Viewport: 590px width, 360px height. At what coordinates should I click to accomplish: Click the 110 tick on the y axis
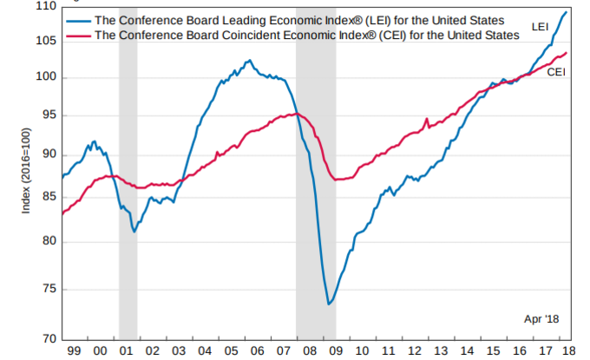coord(45,7)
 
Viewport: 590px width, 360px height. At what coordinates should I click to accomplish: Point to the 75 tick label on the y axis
coord(47,290)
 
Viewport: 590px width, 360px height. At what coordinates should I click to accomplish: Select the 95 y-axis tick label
coord(47,115)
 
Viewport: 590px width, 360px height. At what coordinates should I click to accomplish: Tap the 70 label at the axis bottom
coord(47,338)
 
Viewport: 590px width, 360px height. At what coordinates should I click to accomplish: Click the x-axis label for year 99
coord(74,350)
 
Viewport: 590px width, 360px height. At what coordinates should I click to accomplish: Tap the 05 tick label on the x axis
coord(229,350)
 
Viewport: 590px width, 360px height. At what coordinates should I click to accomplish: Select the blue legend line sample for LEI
coord(77,20)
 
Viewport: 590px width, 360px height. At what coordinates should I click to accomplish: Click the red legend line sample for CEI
coord(77,35)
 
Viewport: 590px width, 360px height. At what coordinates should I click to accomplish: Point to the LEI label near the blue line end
coord(540,29)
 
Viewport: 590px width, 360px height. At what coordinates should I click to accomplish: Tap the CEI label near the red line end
coord(556,73)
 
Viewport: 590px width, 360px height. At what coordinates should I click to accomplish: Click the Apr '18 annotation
coord(541,319)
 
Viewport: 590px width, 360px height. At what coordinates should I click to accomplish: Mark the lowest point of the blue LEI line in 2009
coord(329,304)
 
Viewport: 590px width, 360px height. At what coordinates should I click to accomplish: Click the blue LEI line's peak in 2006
coord(250,61)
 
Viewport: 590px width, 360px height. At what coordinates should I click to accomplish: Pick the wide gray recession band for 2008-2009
coord(316,217)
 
